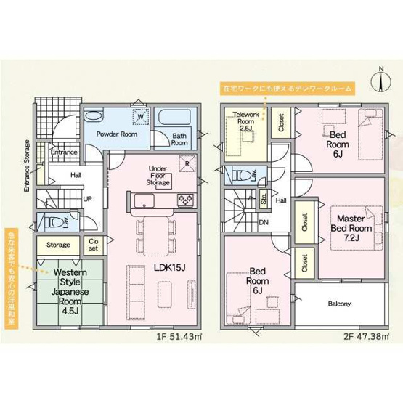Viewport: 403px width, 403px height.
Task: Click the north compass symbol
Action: (x=381, y=81)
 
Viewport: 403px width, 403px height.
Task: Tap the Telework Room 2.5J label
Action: (x=246, y=121)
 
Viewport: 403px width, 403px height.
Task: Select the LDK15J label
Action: (x=169, y=268)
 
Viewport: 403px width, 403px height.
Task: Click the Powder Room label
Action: (x=117, y=134)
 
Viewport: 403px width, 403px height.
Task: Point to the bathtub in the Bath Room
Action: (x=174, y=117)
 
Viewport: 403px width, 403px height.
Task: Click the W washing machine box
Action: (x=141, y=117)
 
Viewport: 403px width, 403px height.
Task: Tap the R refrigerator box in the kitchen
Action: (x=187, y=163)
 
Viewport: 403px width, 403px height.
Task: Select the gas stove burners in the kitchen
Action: (x=186, y=199)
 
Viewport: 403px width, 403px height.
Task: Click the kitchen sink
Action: (x=144, y=200)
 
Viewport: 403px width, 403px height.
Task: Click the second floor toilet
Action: (x=242, y=176)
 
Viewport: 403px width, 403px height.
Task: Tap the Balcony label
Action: (x=339, y=304)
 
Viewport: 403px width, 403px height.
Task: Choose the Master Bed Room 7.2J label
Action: (x=351, y=228)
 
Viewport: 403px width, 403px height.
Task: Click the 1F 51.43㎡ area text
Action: (x=179, y=337)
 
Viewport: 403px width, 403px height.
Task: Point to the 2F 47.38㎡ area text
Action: (x=366, y=337)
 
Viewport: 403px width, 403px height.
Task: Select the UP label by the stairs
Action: (x=87, y=199)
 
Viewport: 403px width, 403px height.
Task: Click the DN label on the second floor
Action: (x=264, y=223)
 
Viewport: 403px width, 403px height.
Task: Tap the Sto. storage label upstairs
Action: (x=264, y=198)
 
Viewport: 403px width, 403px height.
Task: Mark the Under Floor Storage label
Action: (x=158, y=176)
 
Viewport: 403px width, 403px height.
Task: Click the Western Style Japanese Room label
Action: (x=70, y=291)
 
